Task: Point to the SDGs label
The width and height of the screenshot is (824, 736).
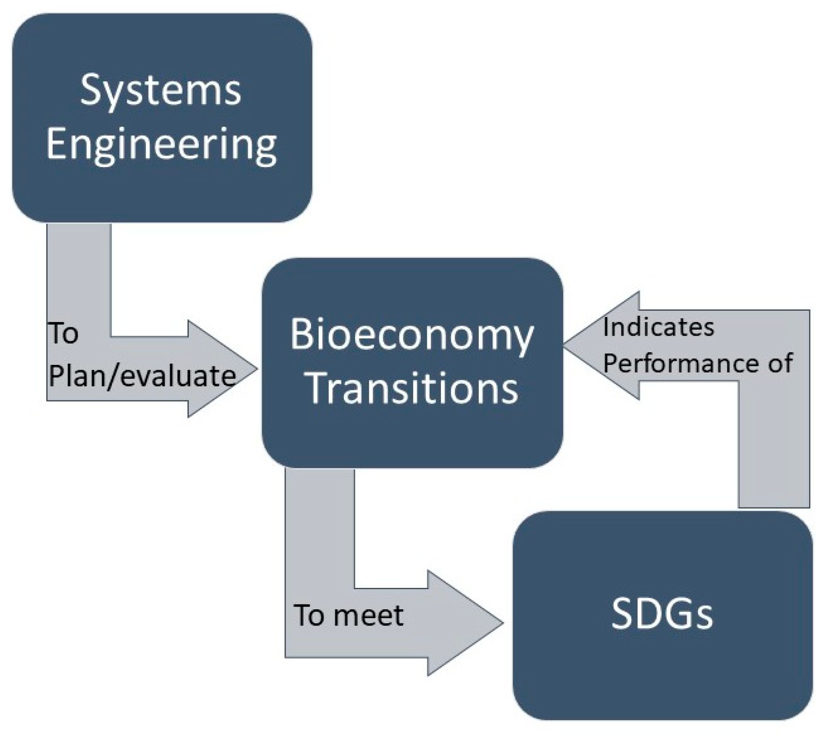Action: [662, 614]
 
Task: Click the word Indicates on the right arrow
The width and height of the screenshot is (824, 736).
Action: [658, 327]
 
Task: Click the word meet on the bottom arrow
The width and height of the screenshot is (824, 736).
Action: [370, 615]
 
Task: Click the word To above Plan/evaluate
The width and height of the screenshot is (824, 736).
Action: [63, 333]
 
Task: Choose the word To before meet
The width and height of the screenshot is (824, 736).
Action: [310, 615]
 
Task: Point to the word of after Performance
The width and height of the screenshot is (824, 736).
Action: [780, 363]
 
